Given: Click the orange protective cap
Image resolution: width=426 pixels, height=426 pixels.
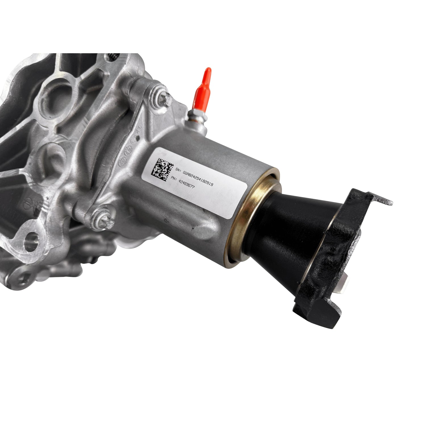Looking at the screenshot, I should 202,85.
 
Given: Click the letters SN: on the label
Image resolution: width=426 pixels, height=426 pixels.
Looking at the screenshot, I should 178,170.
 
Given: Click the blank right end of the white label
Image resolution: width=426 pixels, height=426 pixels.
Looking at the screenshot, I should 233,199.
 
